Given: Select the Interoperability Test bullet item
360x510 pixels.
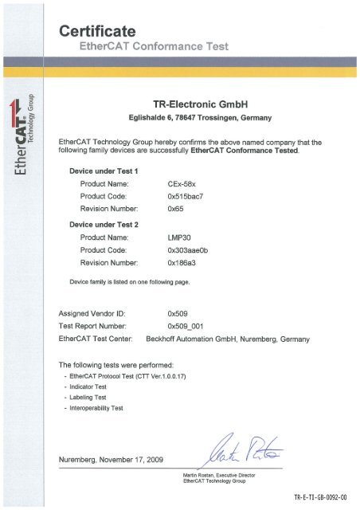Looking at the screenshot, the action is click(x=98, y=417).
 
